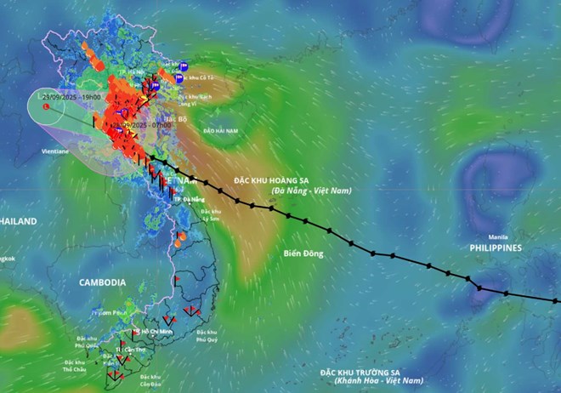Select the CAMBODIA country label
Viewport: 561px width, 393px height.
[102, 282]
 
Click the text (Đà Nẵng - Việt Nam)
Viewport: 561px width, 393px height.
[314, 191]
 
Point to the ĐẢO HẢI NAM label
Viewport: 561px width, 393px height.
[220, 132]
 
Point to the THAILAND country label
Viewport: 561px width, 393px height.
[17, 221]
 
